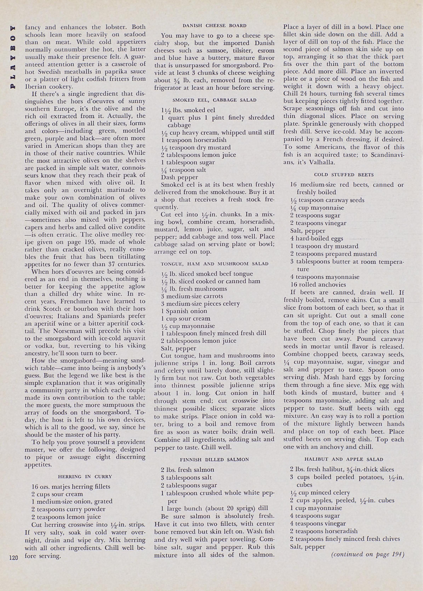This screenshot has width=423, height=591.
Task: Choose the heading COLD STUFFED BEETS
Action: (x=344, y=175)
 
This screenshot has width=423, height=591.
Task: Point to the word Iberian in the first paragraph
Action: (x=36, y=87)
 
